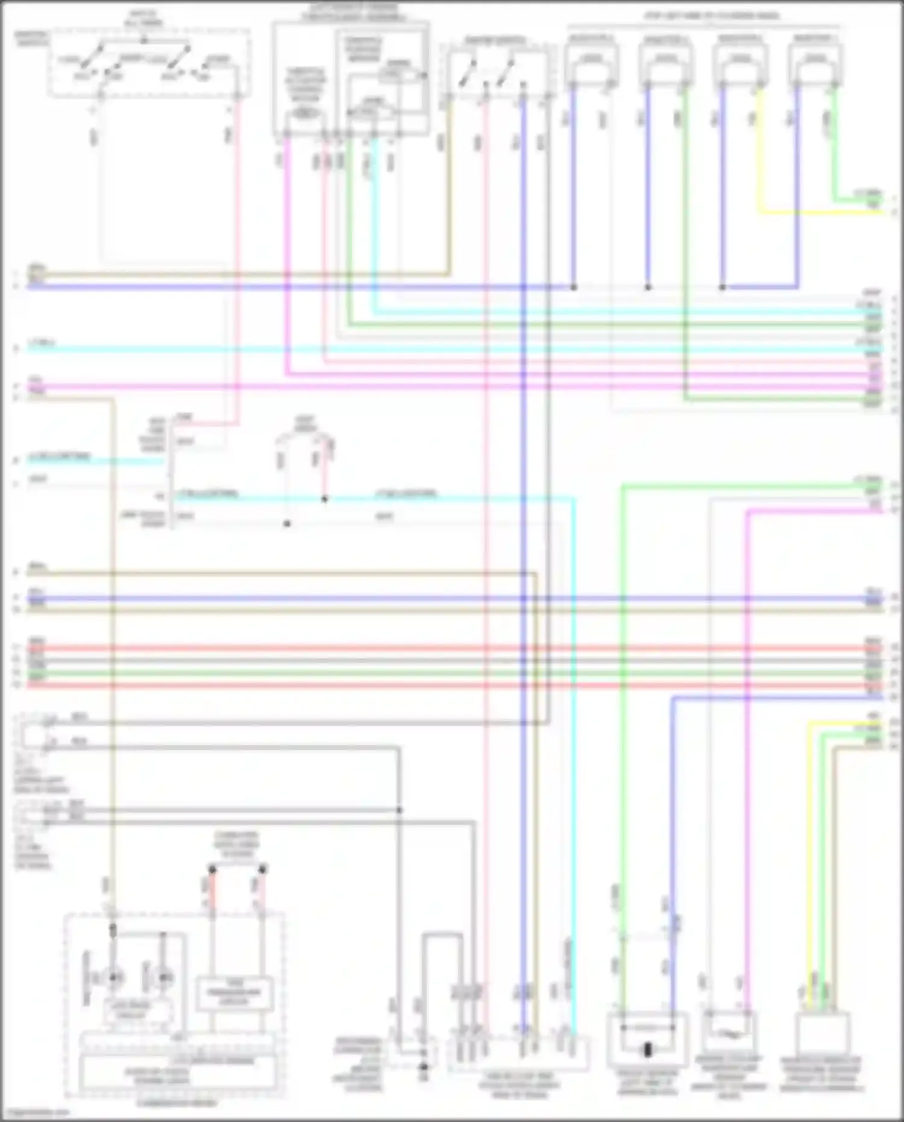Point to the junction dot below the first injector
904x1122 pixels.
[573, 287]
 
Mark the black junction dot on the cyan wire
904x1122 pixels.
[324, 499]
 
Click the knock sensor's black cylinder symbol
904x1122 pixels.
[648, 1050]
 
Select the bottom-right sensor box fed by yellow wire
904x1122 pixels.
[822, 1035]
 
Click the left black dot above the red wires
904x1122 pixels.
[212, 869]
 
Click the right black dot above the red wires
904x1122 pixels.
[262, 869]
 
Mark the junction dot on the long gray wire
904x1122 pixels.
[399, 810]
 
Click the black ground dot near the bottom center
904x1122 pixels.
[423, 1067]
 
